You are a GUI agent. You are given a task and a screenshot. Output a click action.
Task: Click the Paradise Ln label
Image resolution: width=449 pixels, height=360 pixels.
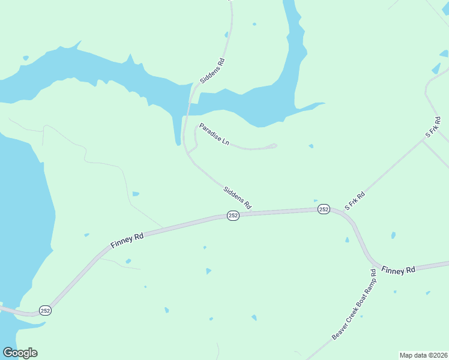pyautogui.click(x=214, y=134)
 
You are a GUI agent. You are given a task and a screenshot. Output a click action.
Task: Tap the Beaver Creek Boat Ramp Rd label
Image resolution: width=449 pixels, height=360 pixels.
pyautogui.click(x=354, y=305)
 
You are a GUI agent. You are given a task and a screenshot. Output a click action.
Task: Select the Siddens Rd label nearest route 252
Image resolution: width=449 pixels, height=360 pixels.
pyautogui.click(x=237, y=197)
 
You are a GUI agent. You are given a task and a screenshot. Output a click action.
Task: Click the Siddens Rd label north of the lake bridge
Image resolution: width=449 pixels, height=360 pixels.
pyautogui.click(x=212, y=70)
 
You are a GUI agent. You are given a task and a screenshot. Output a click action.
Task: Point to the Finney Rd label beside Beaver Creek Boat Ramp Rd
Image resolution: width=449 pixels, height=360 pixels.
pyautogui.click(x=398, y=270)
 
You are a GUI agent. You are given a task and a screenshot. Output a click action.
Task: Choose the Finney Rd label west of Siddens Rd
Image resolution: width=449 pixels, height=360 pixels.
pyautogui.click(x=127, y=241)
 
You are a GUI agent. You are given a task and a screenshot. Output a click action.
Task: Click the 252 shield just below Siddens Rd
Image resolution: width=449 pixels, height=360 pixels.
pyautogui.click(x=234, y=215)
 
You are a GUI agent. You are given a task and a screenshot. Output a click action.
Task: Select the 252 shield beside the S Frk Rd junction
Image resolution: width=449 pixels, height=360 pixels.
pyautogui.click(x=324, y=209)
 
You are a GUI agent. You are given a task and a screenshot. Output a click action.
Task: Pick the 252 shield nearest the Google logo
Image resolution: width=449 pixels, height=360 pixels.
pyautogui.click(x=46, y=310)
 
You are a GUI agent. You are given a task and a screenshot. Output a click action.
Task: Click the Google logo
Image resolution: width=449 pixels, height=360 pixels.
pyautogui.click(x=20, y=353)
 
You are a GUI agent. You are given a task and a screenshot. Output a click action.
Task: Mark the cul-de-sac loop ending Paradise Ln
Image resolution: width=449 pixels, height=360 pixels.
pyautogui.click(x=273, y=145)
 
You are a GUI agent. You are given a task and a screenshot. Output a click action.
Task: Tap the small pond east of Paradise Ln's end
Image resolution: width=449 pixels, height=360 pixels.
pyautogui.click(x=310, y=146)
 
